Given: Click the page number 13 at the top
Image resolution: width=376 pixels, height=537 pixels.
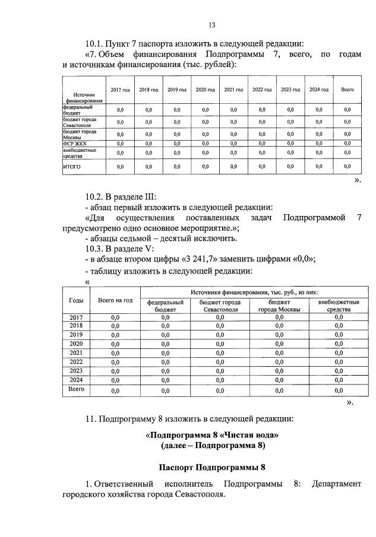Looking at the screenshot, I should click(x=211, y=24).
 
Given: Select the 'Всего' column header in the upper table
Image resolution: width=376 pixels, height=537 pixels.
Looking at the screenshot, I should click(x=347, y=90).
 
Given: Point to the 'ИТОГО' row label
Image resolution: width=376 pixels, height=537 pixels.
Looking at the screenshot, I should click(x=72, y=167).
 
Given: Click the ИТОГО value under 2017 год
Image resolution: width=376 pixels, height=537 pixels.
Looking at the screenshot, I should click(x=120, y=167).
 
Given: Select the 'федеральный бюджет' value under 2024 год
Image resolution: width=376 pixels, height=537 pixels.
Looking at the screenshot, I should click(x=319, y=110).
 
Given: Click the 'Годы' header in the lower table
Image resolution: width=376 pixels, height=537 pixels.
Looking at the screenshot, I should click(x=76, y=300).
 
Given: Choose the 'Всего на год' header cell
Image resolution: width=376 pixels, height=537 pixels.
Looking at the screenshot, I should click(x=115, y=300).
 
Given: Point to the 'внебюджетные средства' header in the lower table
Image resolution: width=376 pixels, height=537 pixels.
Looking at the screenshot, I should click(x=339, y=306).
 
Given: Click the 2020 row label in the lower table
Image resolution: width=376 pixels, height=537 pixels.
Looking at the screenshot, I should click(x=76, y=344).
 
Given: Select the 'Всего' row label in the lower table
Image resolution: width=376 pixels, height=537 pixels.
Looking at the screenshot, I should click(x=76, y=390).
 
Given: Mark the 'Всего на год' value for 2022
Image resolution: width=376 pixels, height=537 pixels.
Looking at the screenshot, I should click(x=115, y=361).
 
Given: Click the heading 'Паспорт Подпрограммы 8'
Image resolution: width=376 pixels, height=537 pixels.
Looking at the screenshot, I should click(x=211, y=466).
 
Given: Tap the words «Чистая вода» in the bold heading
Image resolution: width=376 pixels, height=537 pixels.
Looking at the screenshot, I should click(x=250, y=434).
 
